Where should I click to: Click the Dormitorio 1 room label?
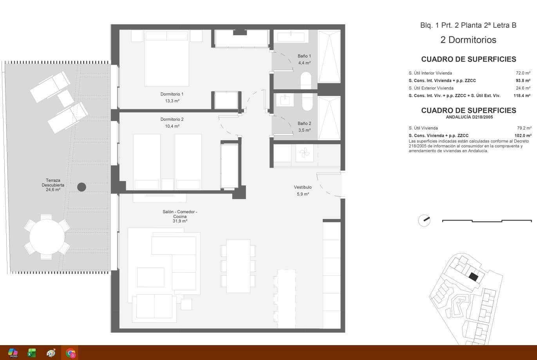click(172, 97)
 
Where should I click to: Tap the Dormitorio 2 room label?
click(172, 123)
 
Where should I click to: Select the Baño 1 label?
click(304, 59)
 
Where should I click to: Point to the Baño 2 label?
click(304, 127)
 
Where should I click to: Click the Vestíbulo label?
click(303, 190)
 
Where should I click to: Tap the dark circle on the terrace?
click(81, 187)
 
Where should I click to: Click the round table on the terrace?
click(47, 237)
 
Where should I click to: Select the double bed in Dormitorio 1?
click(166, 59)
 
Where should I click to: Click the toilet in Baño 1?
click(306, 80)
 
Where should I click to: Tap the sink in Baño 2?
click(285, 100)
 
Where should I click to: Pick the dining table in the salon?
click(238, 266)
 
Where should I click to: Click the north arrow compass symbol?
click(424, 221)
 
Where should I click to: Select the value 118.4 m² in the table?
click(522, 96)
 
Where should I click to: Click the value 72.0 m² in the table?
click(523, 73)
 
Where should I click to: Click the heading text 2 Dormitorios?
click(468, 40)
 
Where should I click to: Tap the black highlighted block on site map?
click(474, 277)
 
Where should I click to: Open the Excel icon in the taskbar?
click(32, 353)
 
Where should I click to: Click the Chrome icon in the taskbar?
click(71, 353)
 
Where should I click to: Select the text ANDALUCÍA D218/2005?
click(468, 117)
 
